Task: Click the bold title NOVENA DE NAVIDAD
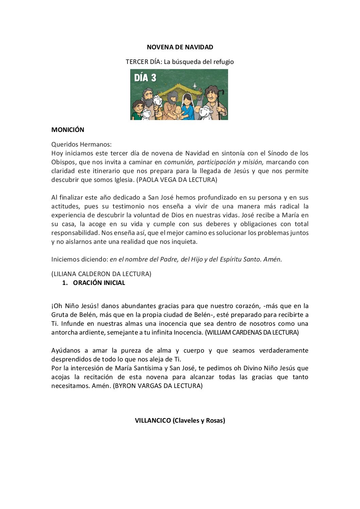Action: [180, 47]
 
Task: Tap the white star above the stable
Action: [195, 86]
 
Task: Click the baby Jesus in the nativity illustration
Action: [178, 112]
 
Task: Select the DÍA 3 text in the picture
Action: [145, 78]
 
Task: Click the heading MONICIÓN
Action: [68, 130]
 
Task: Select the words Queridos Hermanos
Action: [81, 144]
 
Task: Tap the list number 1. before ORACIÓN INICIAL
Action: [65, 283]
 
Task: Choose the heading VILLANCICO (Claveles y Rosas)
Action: [180, 420]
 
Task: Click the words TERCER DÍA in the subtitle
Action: [143, 62]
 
